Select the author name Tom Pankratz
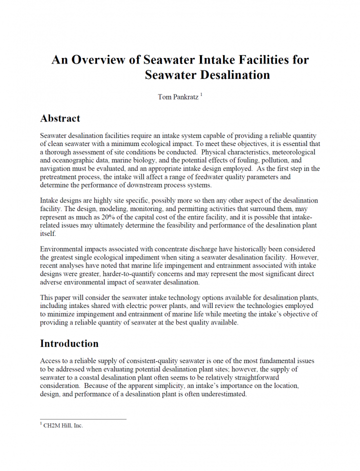pos(178,97)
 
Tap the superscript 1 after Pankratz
pos(201,94)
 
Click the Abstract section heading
pos(60,118)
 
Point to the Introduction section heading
pos(69,343)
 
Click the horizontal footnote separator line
pos(83,419)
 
